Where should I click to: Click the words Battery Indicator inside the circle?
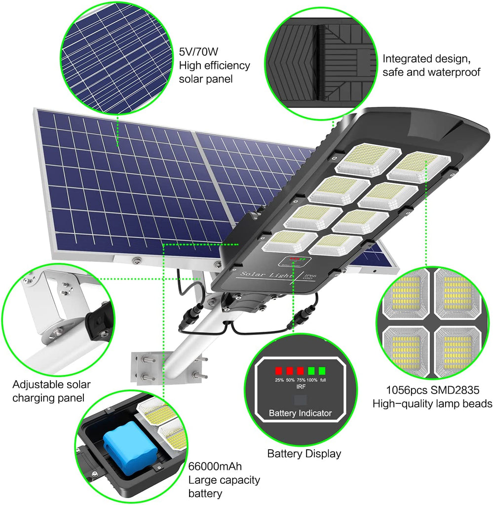click(300, 413)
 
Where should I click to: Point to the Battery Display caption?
click(304, 454)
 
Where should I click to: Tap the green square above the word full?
click(322, 370)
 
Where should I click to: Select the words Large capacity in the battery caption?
click(224, 480)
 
